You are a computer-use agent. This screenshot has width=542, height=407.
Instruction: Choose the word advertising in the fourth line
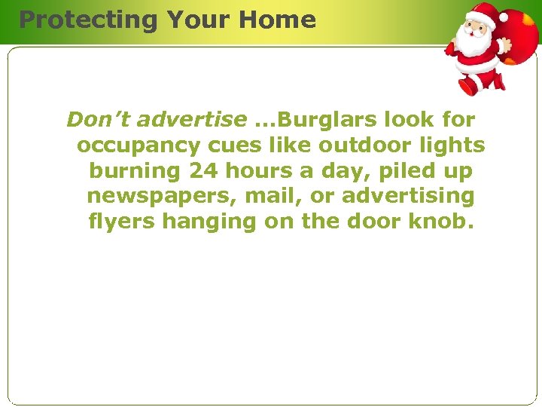(x=408, y=197)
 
